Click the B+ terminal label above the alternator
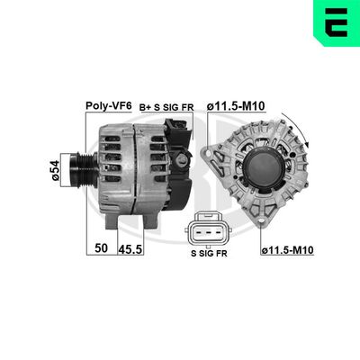click(144, 106)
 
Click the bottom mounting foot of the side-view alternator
click(116, 221)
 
